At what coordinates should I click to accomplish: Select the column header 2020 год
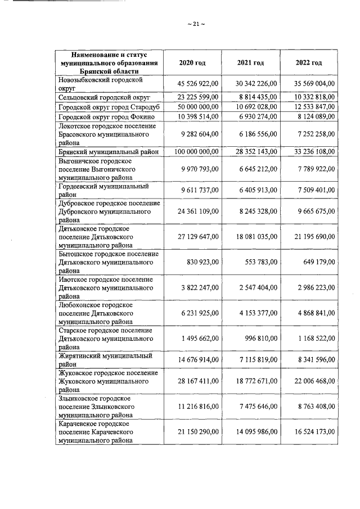190,62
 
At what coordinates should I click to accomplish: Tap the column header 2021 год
250,62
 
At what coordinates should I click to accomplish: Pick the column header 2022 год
309,62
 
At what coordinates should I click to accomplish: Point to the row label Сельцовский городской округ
105,97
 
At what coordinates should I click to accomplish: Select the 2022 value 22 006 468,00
313,381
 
